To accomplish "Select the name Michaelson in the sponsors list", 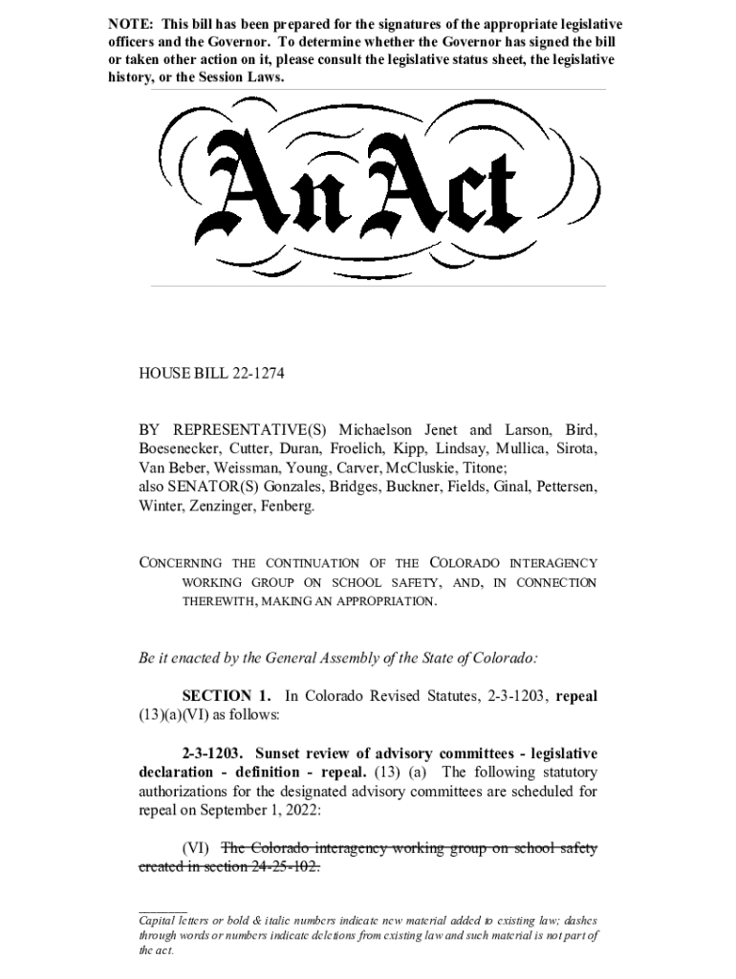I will coord(380,429).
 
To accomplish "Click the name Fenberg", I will coord(288,506).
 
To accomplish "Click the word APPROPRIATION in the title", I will coord(388,602).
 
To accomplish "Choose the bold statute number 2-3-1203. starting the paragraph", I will coord(212,752).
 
